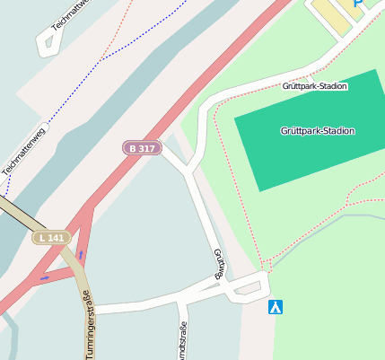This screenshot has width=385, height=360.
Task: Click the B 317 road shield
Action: coord(142,147)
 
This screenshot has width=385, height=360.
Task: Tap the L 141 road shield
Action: coord(50,238)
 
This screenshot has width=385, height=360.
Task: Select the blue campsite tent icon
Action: coord(276,307)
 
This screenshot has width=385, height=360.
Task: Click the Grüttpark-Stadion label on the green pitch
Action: coord(317,131)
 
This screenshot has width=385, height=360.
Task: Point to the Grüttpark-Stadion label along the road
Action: coord(314,86)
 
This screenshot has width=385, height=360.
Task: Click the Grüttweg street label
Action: coord(218,264)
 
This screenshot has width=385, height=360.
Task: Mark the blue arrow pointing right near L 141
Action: coord(45,278)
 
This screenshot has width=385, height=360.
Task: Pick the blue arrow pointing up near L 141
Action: coord(81,255)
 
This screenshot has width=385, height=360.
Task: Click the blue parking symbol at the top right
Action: coord(358,4)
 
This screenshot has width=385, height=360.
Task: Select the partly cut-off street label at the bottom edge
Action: coord(182,341)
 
